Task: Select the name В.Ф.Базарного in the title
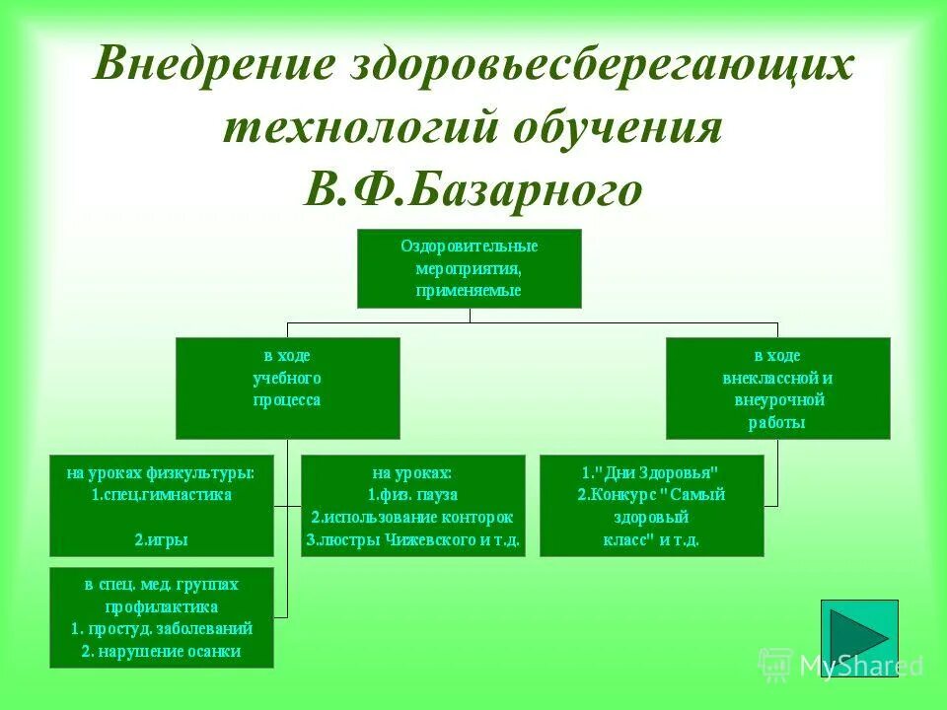473,187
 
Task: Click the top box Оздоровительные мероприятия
469,268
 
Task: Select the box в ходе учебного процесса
287,388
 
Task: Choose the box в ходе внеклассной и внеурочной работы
777,388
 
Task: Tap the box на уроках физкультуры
161,505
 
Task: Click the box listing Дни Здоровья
651,505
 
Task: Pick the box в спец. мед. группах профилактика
161,617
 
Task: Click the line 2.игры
161,539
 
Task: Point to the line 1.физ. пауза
412,494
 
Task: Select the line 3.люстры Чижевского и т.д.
412,540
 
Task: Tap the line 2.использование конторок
412,517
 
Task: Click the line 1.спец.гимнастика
161,494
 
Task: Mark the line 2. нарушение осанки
161,651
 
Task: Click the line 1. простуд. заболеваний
161,628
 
